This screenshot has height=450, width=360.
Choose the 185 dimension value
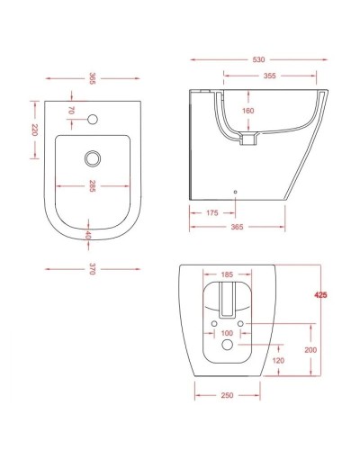pos(228,272)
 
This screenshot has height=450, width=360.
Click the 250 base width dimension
pos(228,395)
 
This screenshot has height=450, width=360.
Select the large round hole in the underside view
pos(228,347)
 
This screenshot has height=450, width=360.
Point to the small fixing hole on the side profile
pos(233,190)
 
